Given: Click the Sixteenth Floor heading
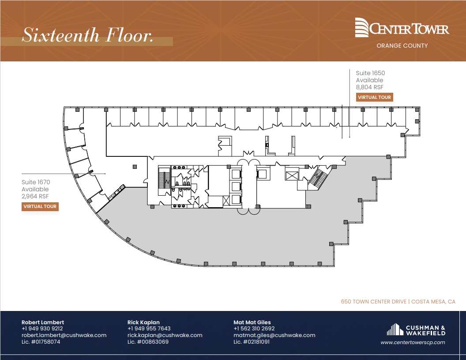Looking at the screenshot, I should [87, 35].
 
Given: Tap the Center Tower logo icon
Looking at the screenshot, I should [362, 27].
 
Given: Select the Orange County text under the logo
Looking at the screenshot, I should [402, 45].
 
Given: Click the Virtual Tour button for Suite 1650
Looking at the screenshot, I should [374, 97].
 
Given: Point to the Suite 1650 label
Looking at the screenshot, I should [367, 73].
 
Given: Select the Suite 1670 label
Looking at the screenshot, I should [36, 182].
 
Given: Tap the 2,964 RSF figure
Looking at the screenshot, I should [35, 196].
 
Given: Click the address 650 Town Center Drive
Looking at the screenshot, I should [375, 302].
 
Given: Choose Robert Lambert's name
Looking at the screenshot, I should [43, 322].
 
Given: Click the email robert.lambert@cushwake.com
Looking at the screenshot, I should [64, 335].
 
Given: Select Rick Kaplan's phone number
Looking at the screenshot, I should [149, 329].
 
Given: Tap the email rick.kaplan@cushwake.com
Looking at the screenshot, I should [165, 335].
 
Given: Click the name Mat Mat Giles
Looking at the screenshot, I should [252, 322].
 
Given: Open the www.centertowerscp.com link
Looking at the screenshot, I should [413, 342].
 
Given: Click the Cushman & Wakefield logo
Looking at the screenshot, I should [416, 330].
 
